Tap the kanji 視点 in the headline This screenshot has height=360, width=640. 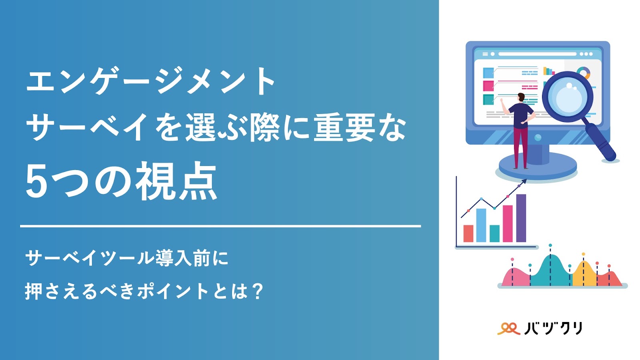coord(176,180)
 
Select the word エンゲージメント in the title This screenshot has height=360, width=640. coord(150,80)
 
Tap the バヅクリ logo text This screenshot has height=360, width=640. coord(554,328)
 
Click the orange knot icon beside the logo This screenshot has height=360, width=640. coord(508,328)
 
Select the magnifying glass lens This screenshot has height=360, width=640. coord(568,96)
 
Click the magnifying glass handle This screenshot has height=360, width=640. coord(600,142)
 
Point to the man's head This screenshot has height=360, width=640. coord(521,98)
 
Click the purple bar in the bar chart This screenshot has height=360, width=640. coord(521,218)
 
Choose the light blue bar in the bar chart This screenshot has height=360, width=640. coord(481,226)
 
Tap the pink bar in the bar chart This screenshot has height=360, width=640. coord(508,224)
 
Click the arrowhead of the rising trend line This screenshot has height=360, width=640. coord(524,182)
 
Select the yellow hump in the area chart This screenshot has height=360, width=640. coord(584,274)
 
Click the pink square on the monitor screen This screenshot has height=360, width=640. coord(488,86)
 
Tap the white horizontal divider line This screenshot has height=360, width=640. coord(220,226)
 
